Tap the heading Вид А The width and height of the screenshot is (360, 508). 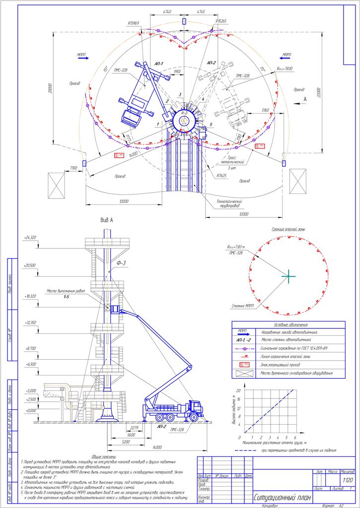point(108,219)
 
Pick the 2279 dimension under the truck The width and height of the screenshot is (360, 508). point(134,428)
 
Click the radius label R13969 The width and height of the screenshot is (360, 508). point(134,23)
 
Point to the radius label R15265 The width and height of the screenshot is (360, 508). point(221,21)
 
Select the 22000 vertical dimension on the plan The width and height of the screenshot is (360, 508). point(318,93)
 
